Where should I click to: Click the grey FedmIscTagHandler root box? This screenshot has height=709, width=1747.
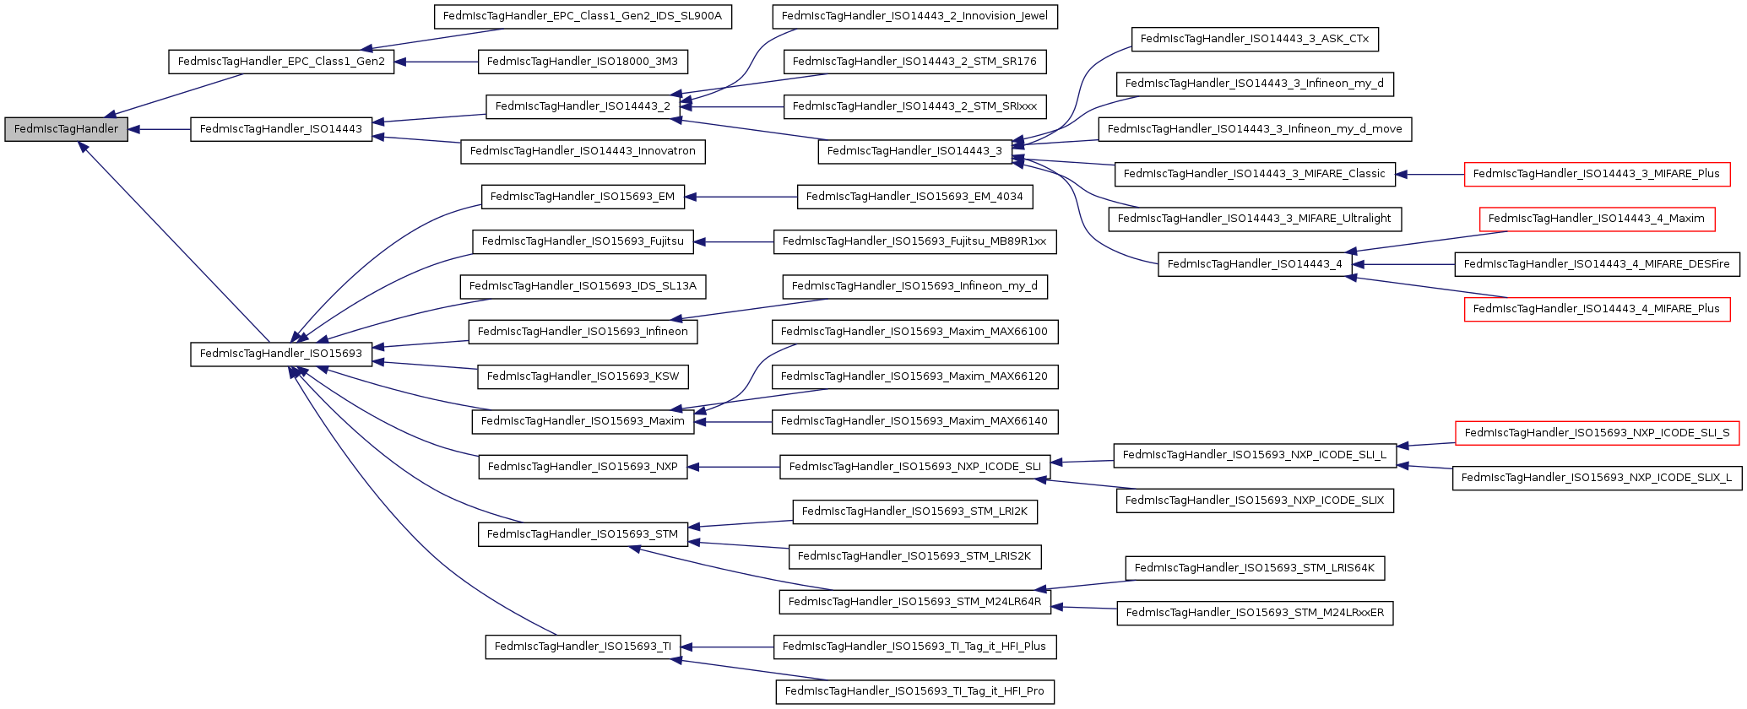point(66,129)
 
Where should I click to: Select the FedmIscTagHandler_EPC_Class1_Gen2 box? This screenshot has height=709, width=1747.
point(281,62)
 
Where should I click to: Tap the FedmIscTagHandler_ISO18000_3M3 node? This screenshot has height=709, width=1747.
point(583,62)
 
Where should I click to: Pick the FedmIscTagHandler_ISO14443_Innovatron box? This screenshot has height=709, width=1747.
point(583,151)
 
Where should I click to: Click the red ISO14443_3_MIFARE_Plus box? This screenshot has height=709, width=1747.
point(1596,174)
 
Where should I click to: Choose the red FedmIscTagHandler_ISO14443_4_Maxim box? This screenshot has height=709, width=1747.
point(1596,219)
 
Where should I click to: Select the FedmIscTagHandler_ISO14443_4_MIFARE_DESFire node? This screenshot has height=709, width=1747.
point(1596,264)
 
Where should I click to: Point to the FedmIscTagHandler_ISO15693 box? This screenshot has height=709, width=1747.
point(281,354)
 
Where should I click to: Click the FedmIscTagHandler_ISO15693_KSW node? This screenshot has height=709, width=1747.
point(583,376)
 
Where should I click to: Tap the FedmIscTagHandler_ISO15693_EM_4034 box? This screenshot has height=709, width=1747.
point(914,197)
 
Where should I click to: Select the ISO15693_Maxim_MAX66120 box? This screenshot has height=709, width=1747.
point(914,376)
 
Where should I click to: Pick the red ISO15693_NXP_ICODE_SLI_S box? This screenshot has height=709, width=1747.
point(1596,433)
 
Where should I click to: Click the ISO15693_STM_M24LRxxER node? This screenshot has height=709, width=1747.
point(1255,613)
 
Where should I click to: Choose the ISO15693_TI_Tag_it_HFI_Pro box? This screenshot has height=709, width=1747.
point(914,691)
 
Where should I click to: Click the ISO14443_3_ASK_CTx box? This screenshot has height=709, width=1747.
point(1255,39)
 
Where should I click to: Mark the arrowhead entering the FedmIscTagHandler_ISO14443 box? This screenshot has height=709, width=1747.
point(378,122)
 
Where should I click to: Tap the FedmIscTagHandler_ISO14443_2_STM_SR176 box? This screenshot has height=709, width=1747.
point(914,62)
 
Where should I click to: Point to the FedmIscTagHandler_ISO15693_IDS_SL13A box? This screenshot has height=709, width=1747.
point(583,286)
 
